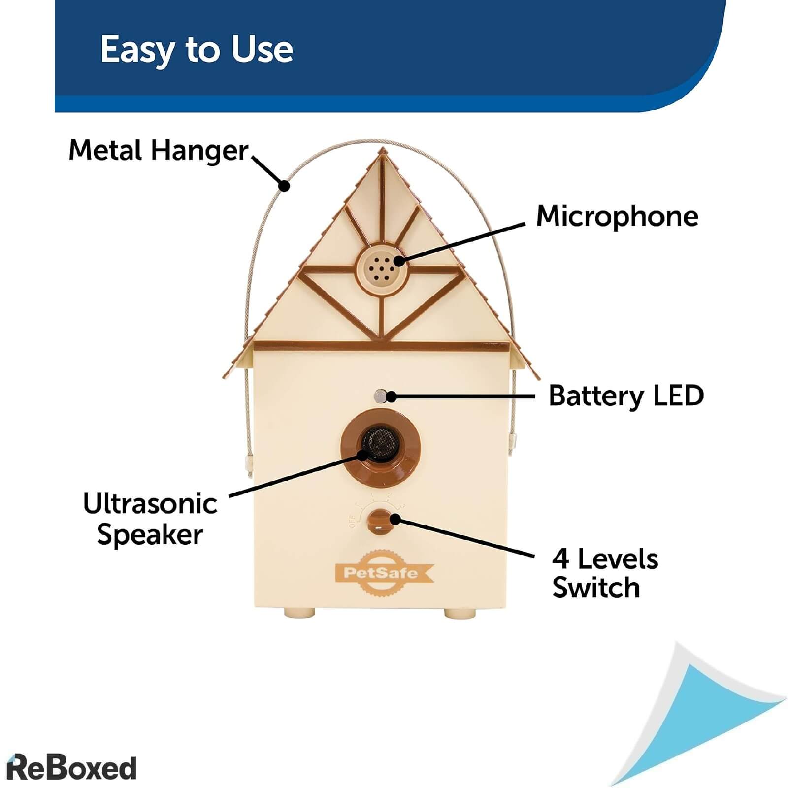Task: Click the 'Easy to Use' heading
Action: pyautogui.click(x=197, y=50)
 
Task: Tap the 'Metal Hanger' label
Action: pyautogui.click(x=158, y=150)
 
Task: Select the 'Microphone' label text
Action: pyautogui.click(x=617, y=217)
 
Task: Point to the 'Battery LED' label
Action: pyautogui.click(x=626, y=396)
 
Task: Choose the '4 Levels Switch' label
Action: pyautogui.click(x=605, y=573)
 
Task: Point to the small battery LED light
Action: pyautogui.click(x=380, y=395)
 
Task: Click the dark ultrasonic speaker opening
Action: pyautogui.click(x=379, y=443)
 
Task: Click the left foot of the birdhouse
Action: pyautogui.click(x=299, y=612)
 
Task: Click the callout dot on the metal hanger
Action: pyautogui.click(x=284, y=186)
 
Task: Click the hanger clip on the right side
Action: pyautogui.click(x=513, y=440)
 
